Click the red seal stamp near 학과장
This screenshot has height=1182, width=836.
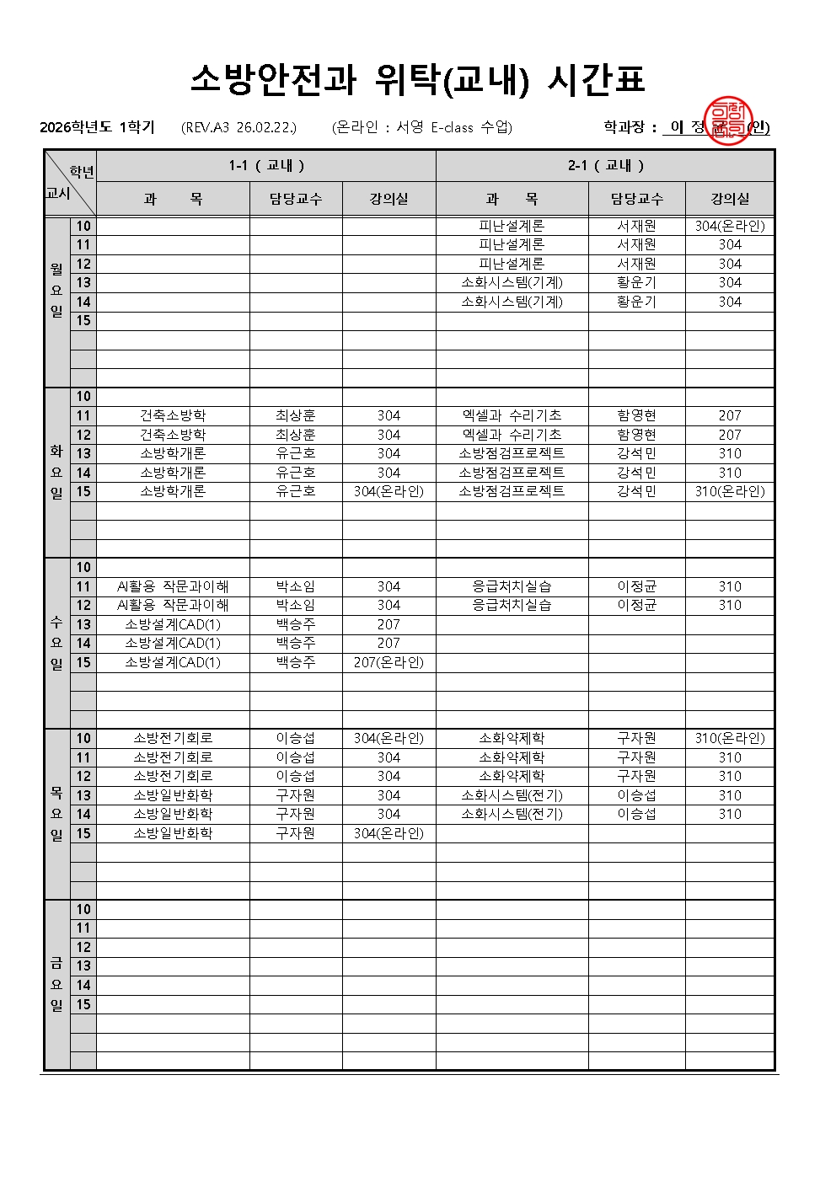(x=726, y=121)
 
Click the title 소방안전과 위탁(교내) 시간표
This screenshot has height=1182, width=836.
(x=417, y=79)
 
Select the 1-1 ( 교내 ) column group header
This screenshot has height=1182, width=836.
(x=266, y=165)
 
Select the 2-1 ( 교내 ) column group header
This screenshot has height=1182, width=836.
(x=605, y=165)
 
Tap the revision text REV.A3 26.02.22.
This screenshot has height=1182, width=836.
(x=239, y=127)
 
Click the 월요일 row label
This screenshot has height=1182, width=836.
(x=56, y=291)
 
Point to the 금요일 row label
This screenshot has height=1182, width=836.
(x=56, y=984)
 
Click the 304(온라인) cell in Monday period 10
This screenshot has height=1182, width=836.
(x=730, y=226)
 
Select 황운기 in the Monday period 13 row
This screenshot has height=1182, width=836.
(x=636, y=282)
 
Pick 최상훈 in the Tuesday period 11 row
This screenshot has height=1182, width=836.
(x=295, y=415)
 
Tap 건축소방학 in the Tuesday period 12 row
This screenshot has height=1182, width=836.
(x=173, y=435)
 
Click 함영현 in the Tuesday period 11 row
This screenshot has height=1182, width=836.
(x=636, y=415)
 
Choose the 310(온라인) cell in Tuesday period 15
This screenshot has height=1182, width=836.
(x=730, y=491)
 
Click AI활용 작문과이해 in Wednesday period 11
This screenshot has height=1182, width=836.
(x=173, y=586)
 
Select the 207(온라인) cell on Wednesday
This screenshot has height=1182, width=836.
(x=389, y=662)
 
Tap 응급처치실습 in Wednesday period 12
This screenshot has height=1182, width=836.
(x=512, y=605)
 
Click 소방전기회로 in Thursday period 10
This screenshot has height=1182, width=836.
(x=173, y=738)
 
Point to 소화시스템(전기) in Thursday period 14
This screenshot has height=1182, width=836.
(x=512, y=814)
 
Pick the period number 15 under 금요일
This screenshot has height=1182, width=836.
(x=83, y=1004)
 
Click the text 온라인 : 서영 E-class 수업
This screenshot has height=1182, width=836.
(x=422, y=127)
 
